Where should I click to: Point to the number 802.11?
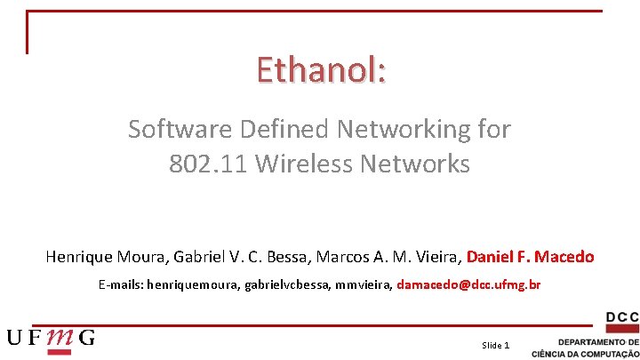[x=202, y=164]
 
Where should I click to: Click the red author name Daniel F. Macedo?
[x=531, y=257]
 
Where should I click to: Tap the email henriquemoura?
[x=189, y=285]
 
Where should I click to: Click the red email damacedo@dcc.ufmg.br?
[x=468, y=285]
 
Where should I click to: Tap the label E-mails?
[x=121, y=285]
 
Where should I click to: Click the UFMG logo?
[x=51, y=338]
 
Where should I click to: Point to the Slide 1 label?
[x=495, y=345]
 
